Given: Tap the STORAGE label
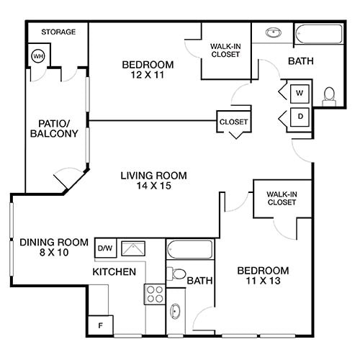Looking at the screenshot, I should [x=58, y=32].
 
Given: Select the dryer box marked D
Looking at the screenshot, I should [x=300, y=117].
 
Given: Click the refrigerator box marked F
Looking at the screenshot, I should [x=100, y=325].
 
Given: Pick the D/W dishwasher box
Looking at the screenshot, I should [x=104, y=248].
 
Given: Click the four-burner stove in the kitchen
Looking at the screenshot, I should [x=155, y=293].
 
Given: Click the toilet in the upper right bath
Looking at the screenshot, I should [x=329, y=94].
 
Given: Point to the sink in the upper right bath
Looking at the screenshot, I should [x=274, y=33].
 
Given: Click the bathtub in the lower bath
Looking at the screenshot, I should [x=189, y=250].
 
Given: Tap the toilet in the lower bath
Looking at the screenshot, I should [x=176, y=274].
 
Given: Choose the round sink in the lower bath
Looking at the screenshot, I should [x=176, y=312].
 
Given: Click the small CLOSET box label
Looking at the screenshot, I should [x=233, y=122].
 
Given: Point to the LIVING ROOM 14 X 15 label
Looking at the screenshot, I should [x=153, y=181].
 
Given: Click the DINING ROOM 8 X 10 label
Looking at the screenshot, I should [x=54, y=248].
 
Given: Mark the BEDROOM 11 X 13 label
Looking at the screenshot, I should [x=263, y=276].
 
